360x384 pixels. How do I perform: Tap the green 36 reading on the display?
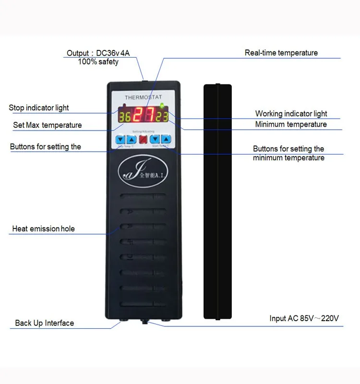coord(124,117)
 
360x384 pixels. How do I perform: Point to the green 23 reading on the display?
coord(161,117)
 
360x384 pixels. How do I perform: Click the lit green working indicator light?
coord(162,106)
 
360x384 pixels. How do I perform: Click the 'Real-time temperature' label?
coord(281,53)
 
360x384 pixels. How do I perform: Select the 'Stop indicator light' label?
coord(39,108)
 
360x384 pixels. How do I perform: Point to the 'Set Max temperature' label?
coord(48,125)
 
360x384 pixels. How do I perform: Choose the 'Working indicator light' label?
coord(291,114)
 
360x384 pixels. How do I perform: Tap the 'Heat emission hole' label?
coord(44,229)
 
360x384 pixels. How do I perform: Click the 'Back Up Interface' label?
coord(45,323)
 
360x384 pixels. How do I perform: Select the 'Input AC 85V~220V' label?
coord(304,318)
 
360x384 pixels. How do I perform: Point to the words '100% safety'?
coord(98,62)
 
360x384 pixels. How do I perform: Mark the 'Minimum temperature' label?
coord(291,124)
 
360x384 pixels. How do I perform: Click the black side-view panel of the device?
coord(217,202)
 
